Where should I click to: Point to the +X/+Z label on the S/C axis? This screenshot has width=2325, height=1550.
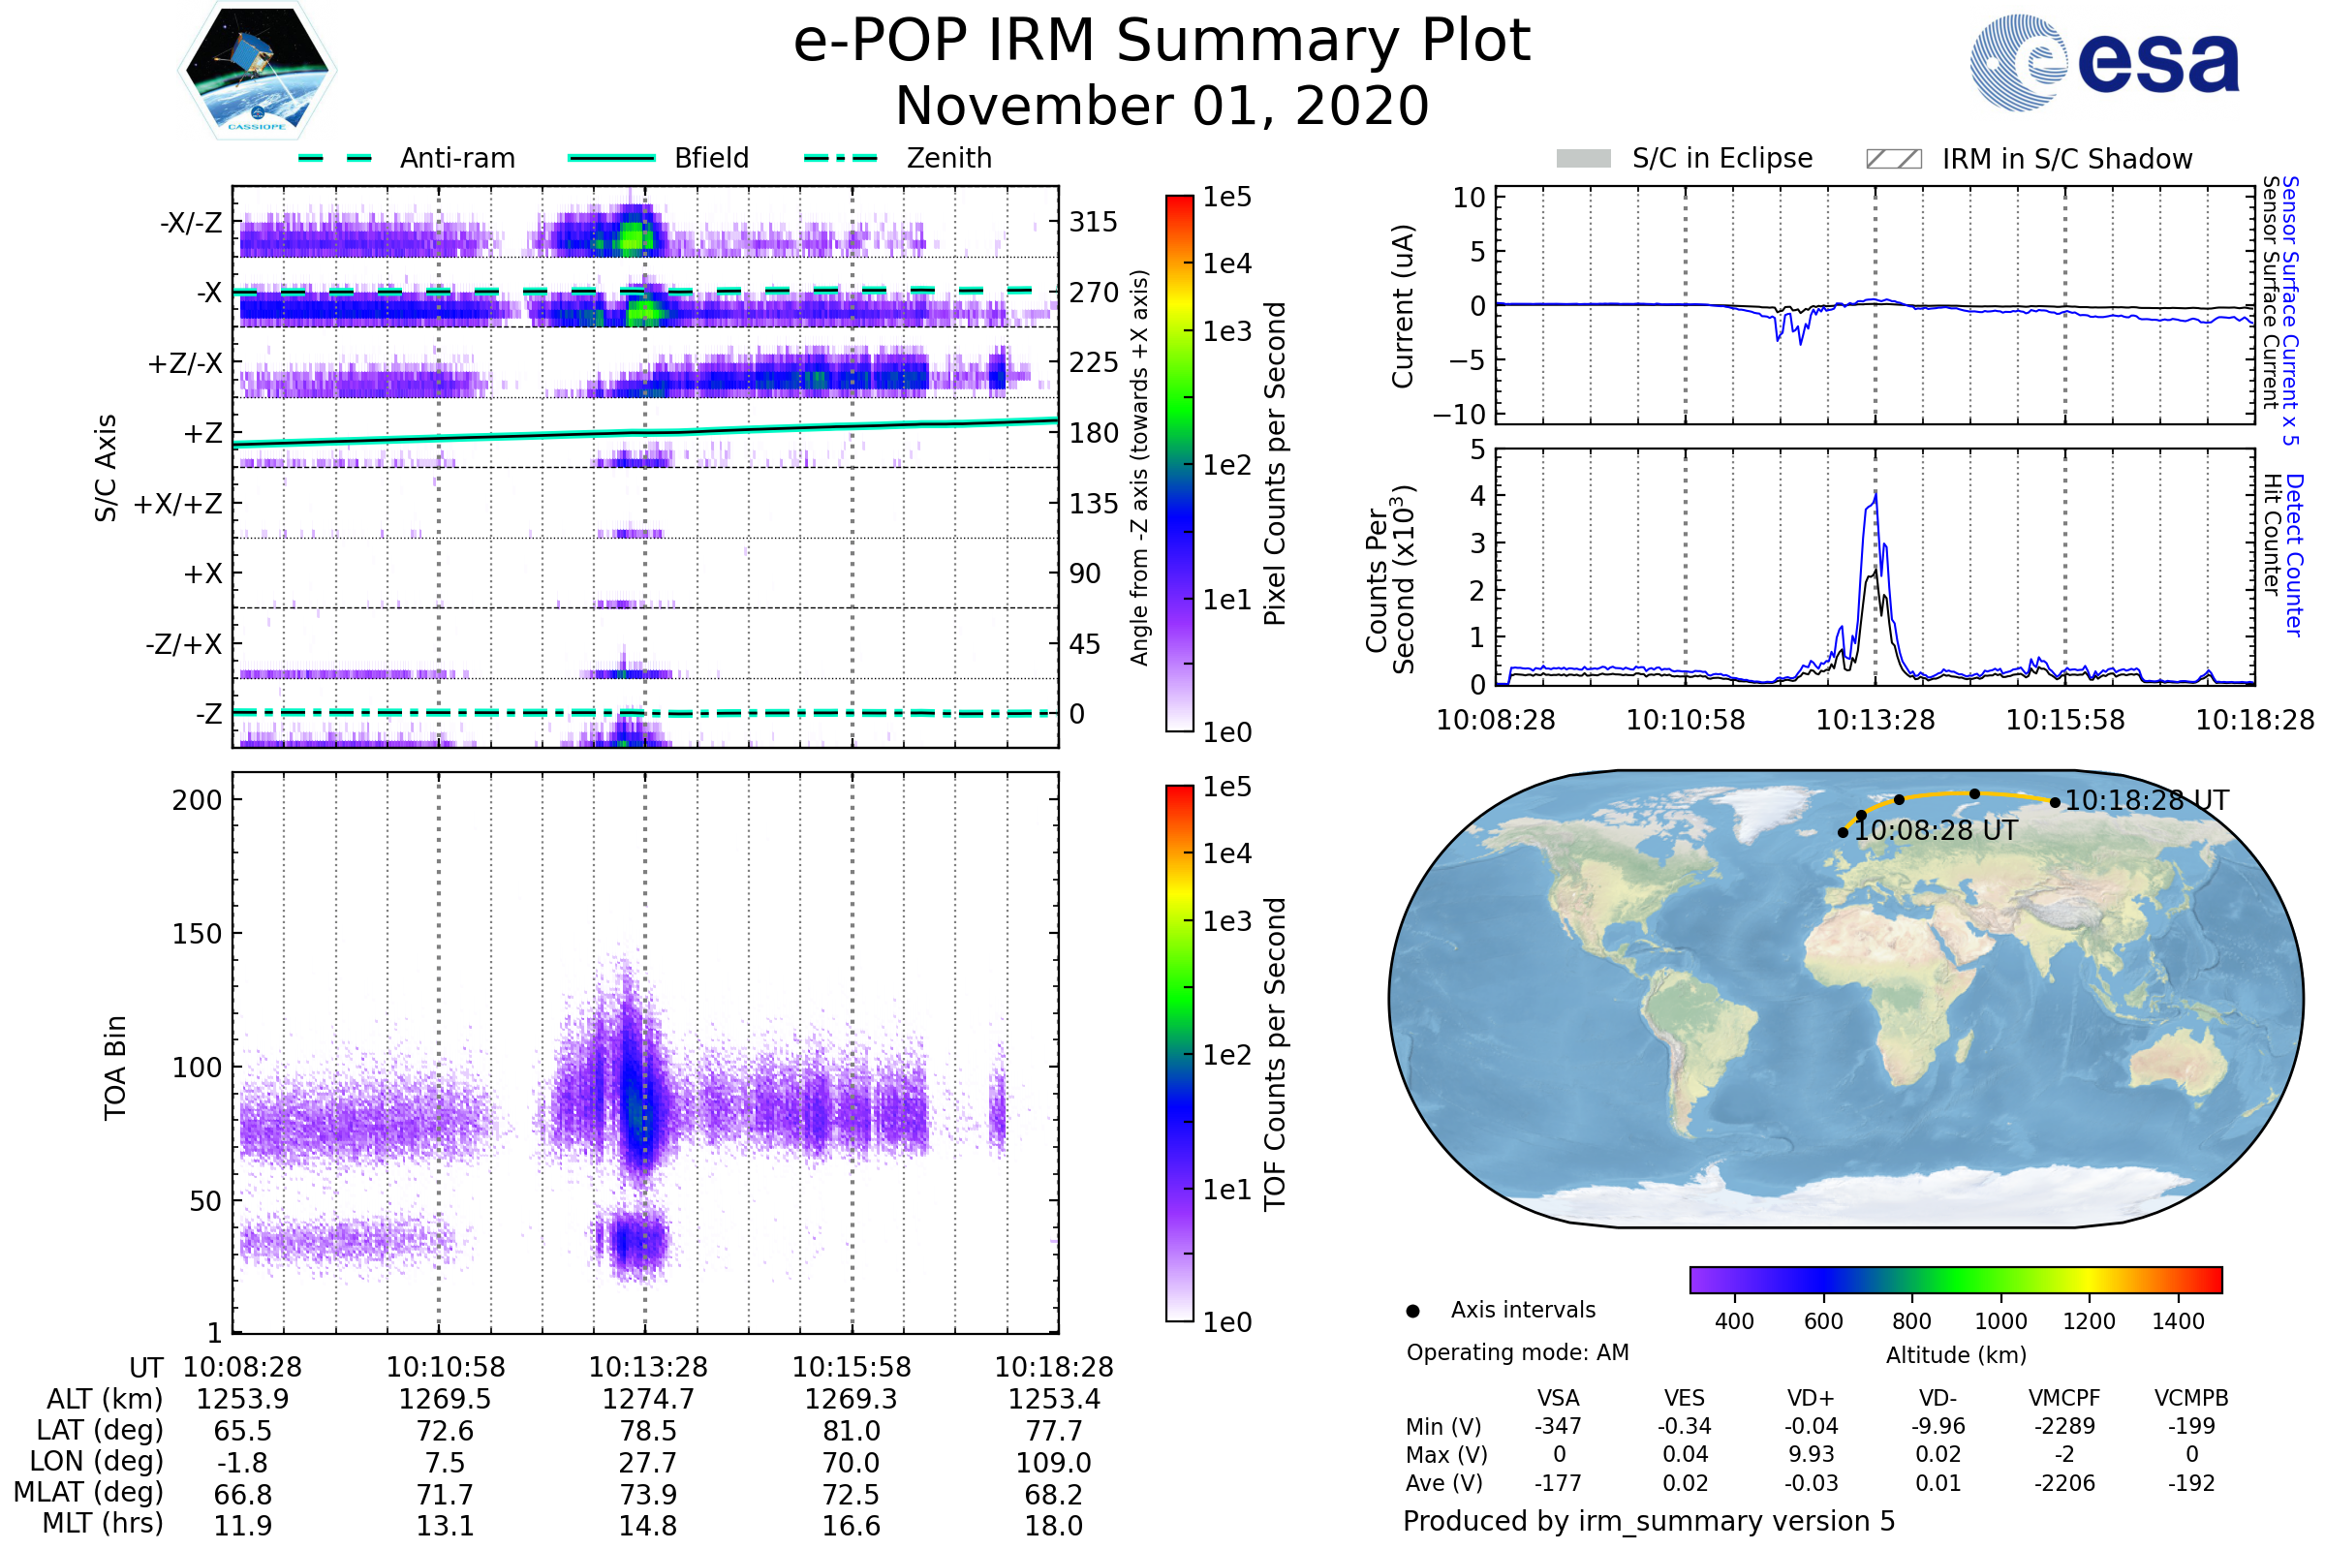click(x=178, y=504)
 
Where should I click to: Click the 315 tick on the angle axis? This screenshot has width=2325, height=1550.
click(x=1093, y=222)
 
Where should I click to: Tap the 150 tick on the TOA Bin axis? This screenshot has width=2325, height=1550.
click(x=197, y=933)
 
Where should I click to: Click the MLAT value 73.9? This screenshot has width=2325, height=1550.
click(x=647, y=1495)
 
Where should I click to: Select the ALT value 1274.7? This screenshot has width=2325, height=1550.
click(x=647, y=1399)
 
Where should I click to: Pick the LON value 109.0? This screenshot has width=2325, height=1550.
click(x=1053, y=1463)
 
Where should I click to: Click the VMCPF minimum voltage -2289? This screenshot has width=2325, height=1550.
click(x=2064, y=1426)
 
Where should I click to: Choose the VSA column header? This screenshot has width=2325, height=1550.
click(x=1558, y=1398)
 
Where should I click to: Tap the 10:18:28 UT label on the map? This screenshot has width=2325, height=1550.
click(x=2146, y=800)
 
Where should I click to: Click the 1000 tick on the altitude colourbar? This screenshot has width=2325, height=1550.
click(x=1999, y=1321)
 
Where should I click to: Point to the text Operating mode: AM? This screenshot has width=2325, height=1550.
click(x=1517, y=1352)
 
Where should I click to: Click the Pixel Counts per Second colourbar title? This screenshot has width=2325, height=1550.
click(x=1275, y=464)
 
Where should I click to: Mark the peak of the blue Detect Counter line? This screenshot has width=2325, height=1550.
click(x=1875, y=494)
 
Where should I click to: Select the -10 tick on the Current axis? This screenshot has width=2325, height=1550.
click(x=1460, y=414)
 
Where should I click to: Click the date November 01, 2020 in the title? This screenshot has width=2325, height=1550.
click(x=1162, y=107)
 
